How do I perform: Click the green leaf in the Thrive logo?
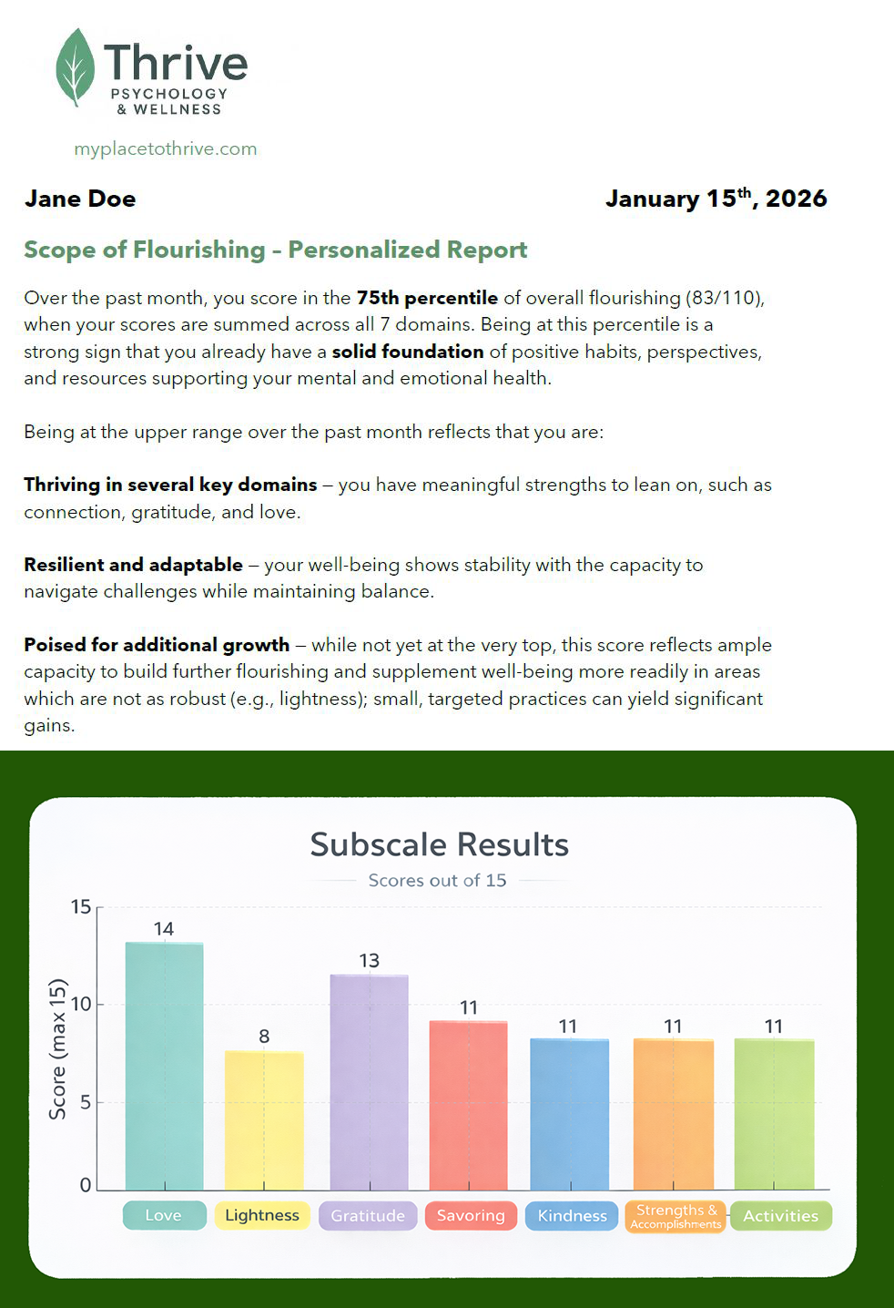click(75, 66)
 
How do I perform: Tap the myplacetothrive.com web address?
click(166, 148)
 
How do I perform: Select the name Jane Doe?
click(80, 199)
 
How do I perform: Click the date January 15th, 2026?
click(716, 199)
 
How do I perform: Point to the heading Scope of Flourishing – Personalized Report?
click(275, 250)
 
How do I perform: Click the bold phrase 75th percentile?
click(427, 298)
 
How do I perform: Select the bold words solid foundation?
click(407, 352)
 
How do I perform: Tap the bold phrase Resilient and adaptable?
click(133, 565)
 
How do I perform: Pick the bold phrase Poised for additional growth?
click(157, 645)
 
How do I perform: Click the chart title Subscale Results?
click(439, 844)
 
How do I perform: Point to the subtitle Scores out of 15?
click(437, 880)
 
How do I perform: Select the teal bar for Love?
click(164, 1066)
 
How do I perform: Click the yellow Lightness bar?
click(264, 1120)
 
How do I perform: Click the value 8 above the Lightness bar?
click(264, 1036)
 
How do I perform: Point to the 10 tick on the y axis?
click(81, 1005)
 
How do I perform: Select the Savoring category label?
click(471, 1215)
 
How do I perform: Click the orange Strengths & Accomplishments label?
click(676, 1216)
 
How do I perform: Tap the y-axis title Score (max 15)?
click(58, 1048)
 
